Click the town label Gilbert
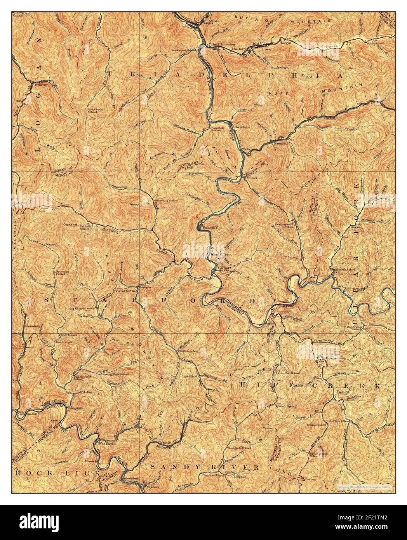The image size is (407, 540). pyautogui.click(x=224, y=268)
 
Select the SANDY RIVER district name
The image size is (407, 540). pyautogui.click(x=205, y=467)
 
